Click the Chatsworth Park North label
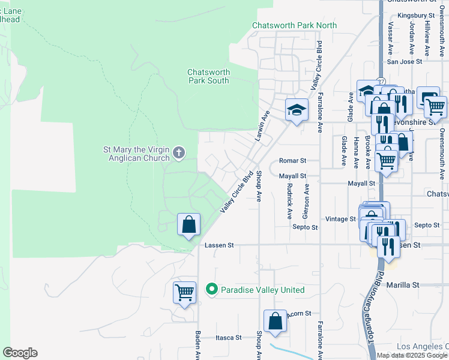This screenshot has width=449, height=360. tap(294, 26)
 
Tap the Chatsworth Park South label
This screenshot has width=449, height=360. tap(209, 76)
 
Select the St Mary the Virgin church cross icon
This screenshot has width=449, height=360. tap(178, 152)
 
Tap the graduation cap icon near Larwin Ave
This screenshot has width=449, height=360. tap(295, 110)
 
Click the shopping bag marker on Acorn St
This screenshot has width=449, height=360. tap(275, 320)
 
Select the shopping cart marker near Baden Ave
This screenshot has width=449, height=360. tap(184, 293)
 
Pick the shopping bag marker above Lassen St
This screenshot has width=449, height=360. tap(188, 225)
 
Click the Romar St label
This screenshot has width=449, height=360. tap(293, 161)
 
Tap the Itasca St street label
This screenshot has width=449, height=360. tap(229, 338)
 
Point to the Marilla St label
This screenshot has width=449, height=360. tap(402, 285)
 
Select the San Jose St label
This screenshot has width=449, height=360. tap(405, 61)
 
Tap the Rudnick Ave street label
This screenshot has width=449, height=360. tap(289, 200)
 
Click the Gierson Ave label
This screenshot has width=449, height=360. tap(306, 200)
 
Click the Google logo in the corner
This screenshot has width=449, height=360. tap(20, 353)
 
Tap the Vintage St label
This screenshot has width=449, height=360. tap(340, 219)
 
